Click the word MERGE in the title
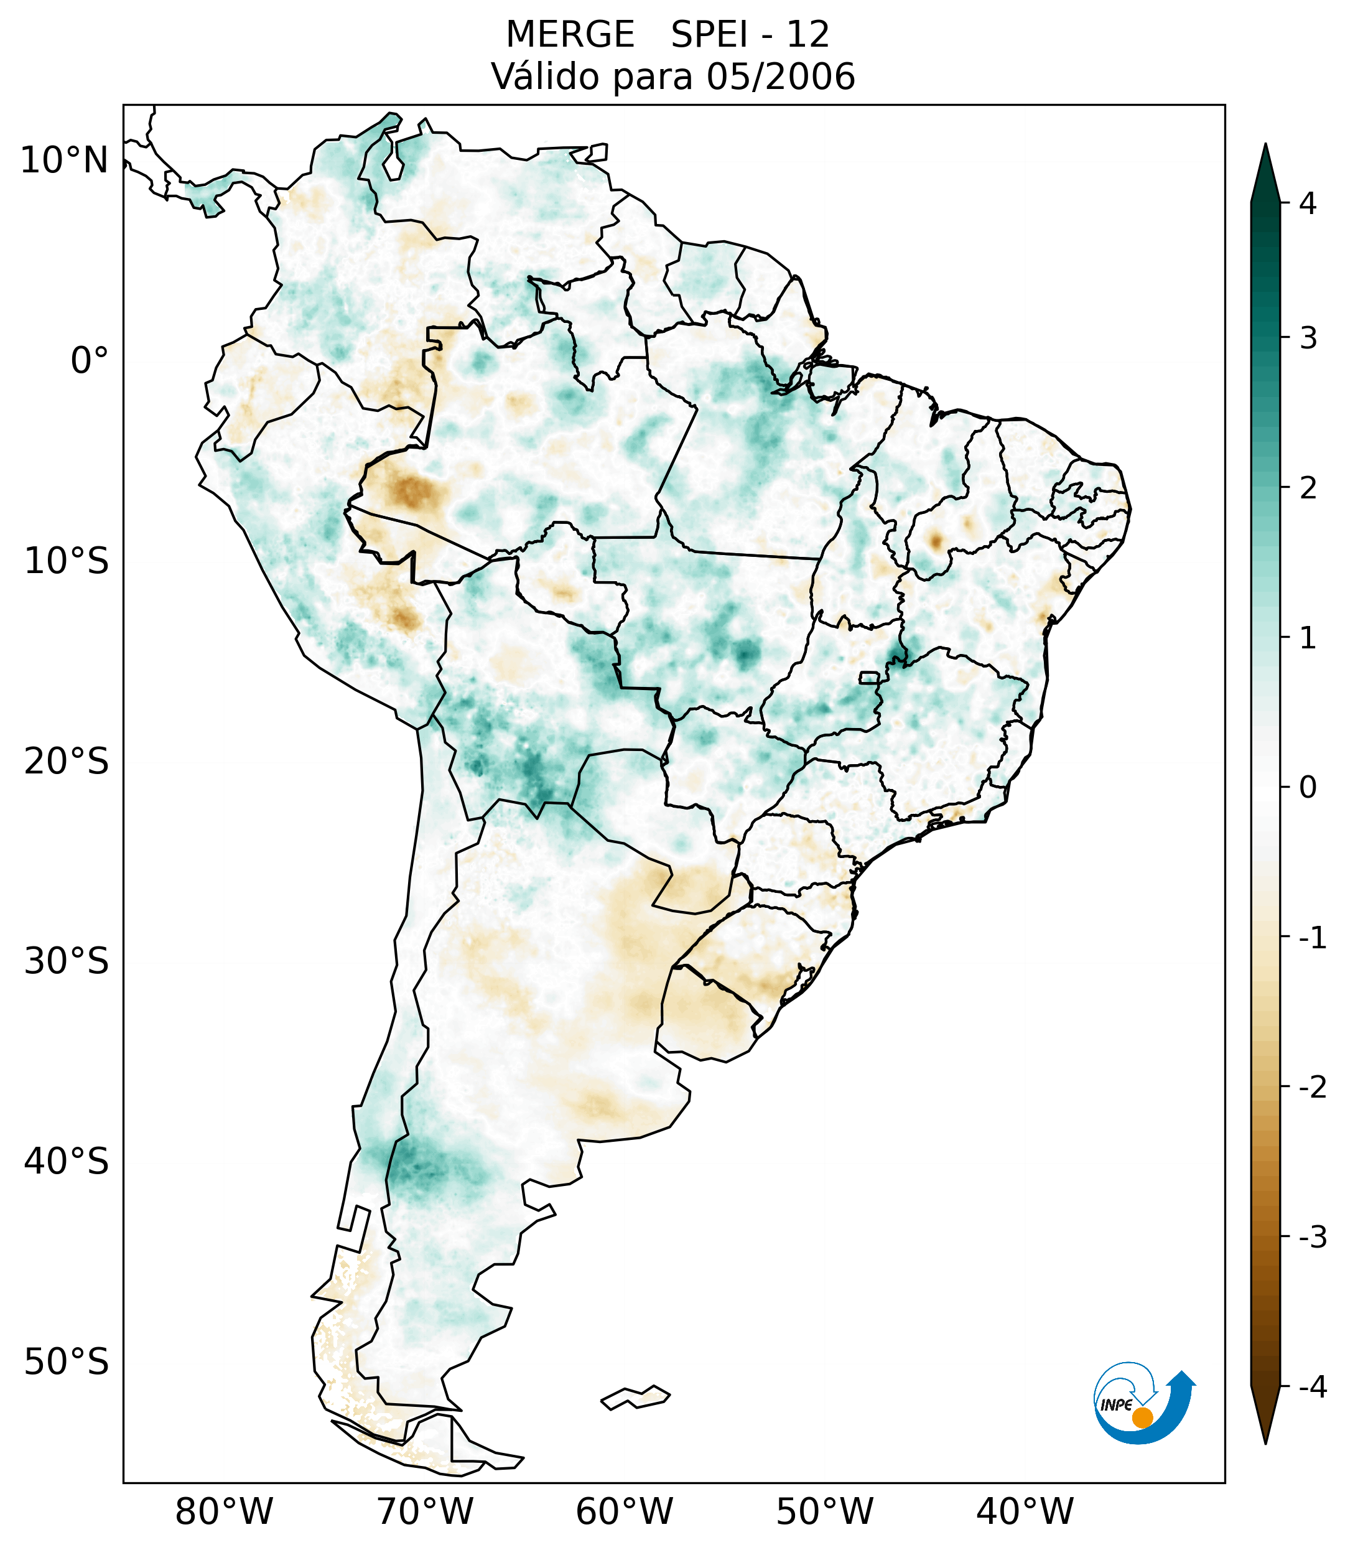(569, 35)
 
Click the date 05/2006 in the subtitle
(780, 77)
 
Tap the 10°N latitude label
(63, 161)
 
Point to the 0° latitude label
(89, 361)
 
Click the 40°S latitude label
(67, 1162)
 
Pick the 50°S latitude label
(67, 1362)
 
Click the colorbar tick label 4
(1308, 203)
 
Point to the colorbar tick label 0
(1308, 788)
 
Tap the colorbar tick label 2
(1308, 488)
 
